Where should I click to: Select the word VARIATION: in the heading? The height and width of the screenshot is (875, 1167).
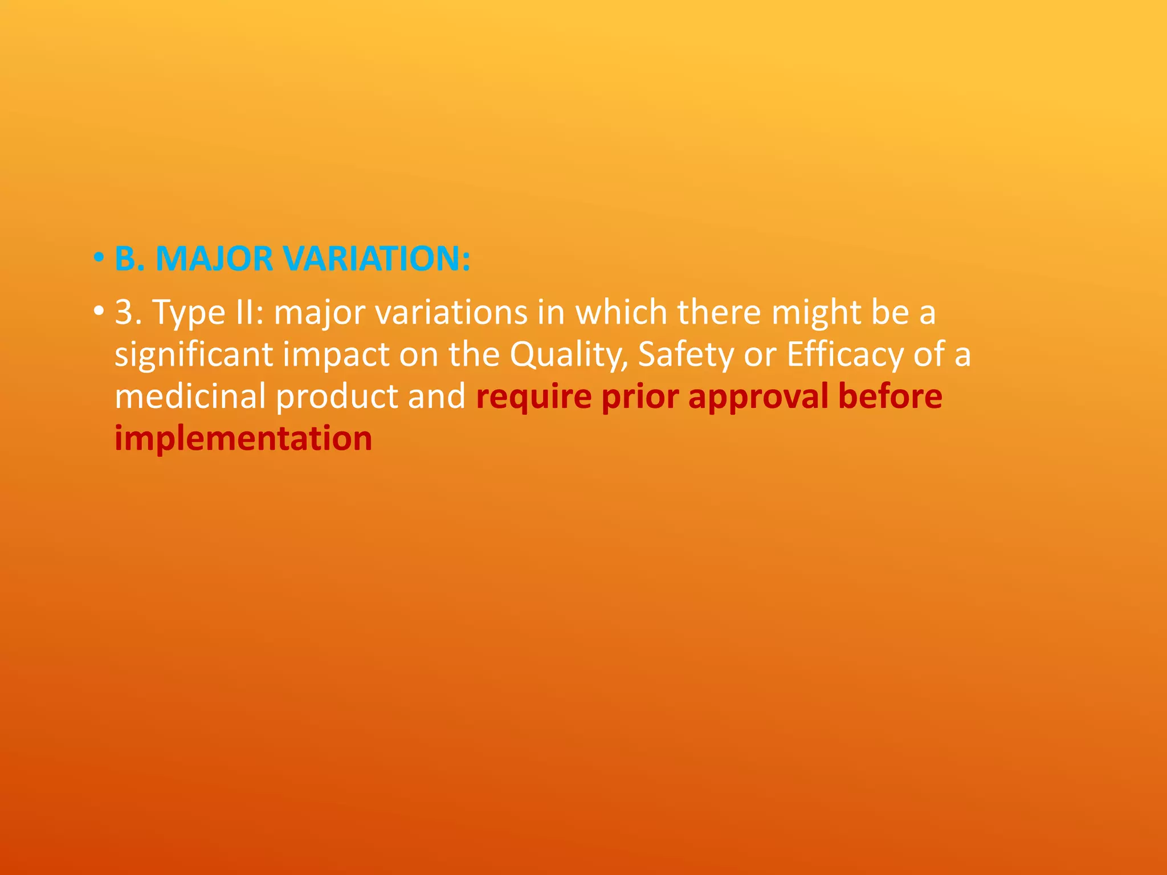click(377, 259)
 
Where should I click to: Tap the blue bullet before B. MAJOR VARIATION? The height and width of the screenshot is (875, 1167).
click(99, 258)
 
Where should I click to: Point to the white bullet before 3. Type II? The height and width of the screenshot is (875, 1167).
click(99, 312)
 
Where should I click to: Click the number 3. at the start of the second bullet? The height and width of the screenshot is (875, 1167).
click(128, 312)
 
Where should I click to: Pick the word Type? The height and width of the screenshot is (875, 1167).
click(189, 313)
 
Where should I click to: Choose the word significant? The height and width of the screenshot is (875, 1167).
click(193, 355)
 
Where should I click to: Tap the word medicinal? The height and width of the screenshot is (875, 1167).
click(190, 396)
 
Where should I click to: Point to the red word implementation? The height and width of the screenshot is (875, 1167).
click(243, 439)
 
